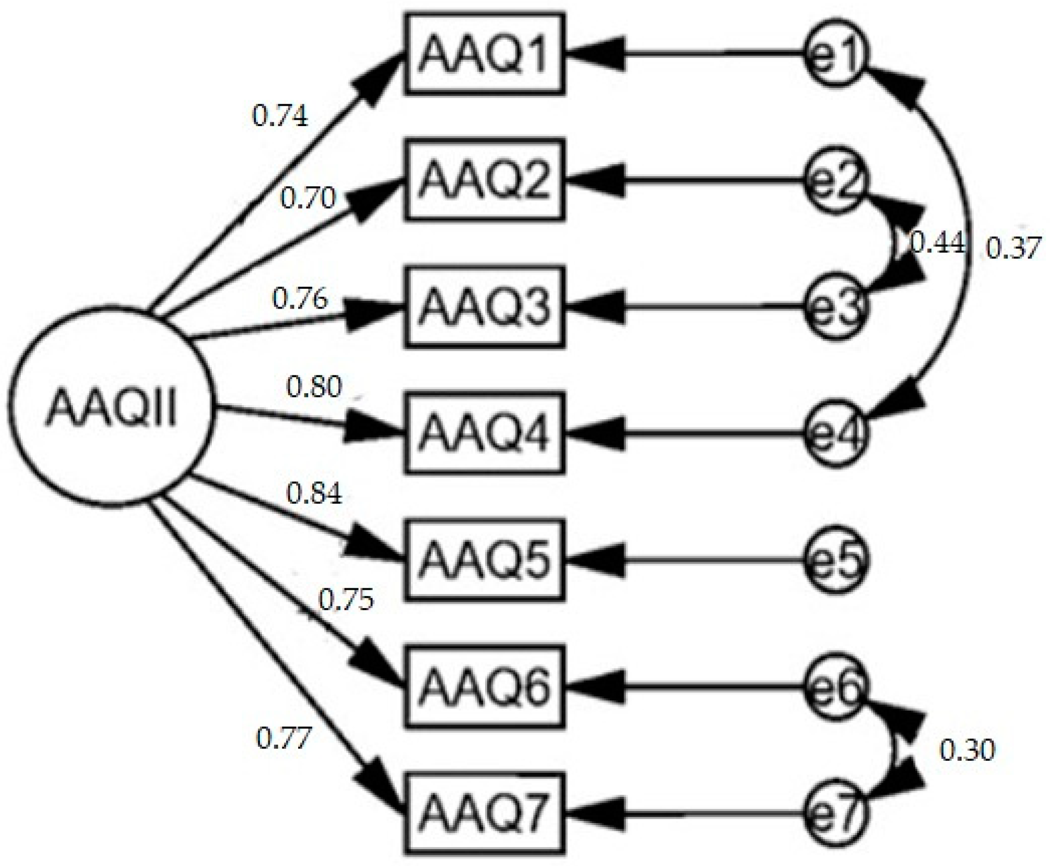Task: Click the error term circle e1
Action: [837, 54]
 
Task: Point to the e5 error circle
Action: [837, 560]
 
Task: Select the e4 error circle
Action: [837, 433]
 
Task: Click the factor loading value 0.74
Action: [280, 117]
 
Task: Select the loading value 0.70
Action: [308, 198]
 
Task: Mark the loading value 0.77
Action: [284, 738]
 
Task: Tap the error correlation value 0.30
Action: [967, 750]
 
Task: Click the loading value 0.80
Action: [314, 386]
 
